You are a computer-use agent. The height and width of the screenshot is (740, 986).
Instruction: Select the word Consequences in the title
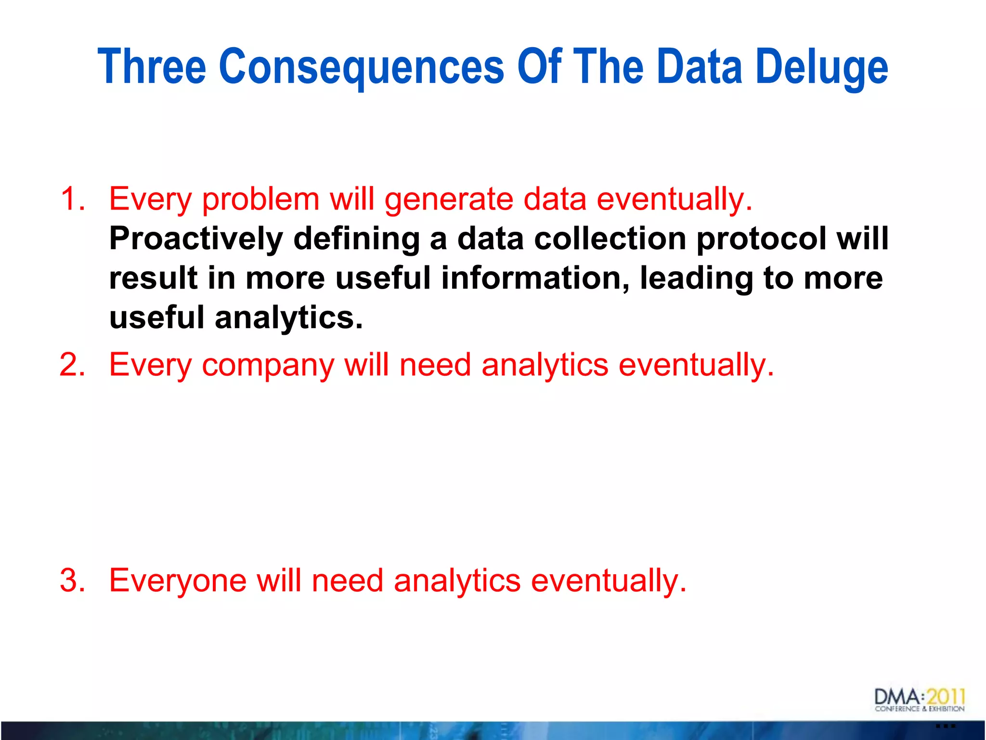tap(361, 67)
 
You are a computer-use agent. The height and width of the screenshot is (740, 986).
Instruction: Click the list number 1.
tap(72, 198)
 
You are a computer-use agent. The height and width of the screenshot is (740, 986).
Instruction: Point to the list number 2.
tap(72, 364)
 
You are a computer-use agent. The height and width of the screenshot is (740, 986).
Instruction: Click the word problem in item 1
tap(260, 199)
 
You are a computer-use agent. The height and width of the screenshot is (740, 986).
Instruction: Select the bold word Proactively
tap(196, 239)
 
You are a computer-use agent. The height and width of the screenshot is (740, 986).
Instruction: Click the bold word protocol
tap(761, 239)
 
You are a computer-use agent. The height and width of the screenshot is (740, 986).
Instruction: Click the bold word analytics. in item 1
tap(289, 318)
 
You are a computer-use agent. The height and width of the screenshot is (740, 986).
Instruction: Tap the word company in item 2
tap(268, 365)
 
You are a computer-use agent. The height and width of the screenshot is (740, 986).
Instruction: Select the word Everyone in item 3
tap(178, 581)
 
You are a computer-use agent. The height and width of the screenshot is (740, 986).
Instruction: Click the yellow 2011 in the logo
tap(946, 697)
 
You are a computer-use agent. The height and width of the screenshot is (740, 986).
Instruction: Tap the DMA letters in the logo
tap(897, 697)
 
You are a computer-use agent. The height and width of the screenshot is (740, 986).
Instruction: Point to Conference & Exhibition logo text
tap(920, 709)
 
